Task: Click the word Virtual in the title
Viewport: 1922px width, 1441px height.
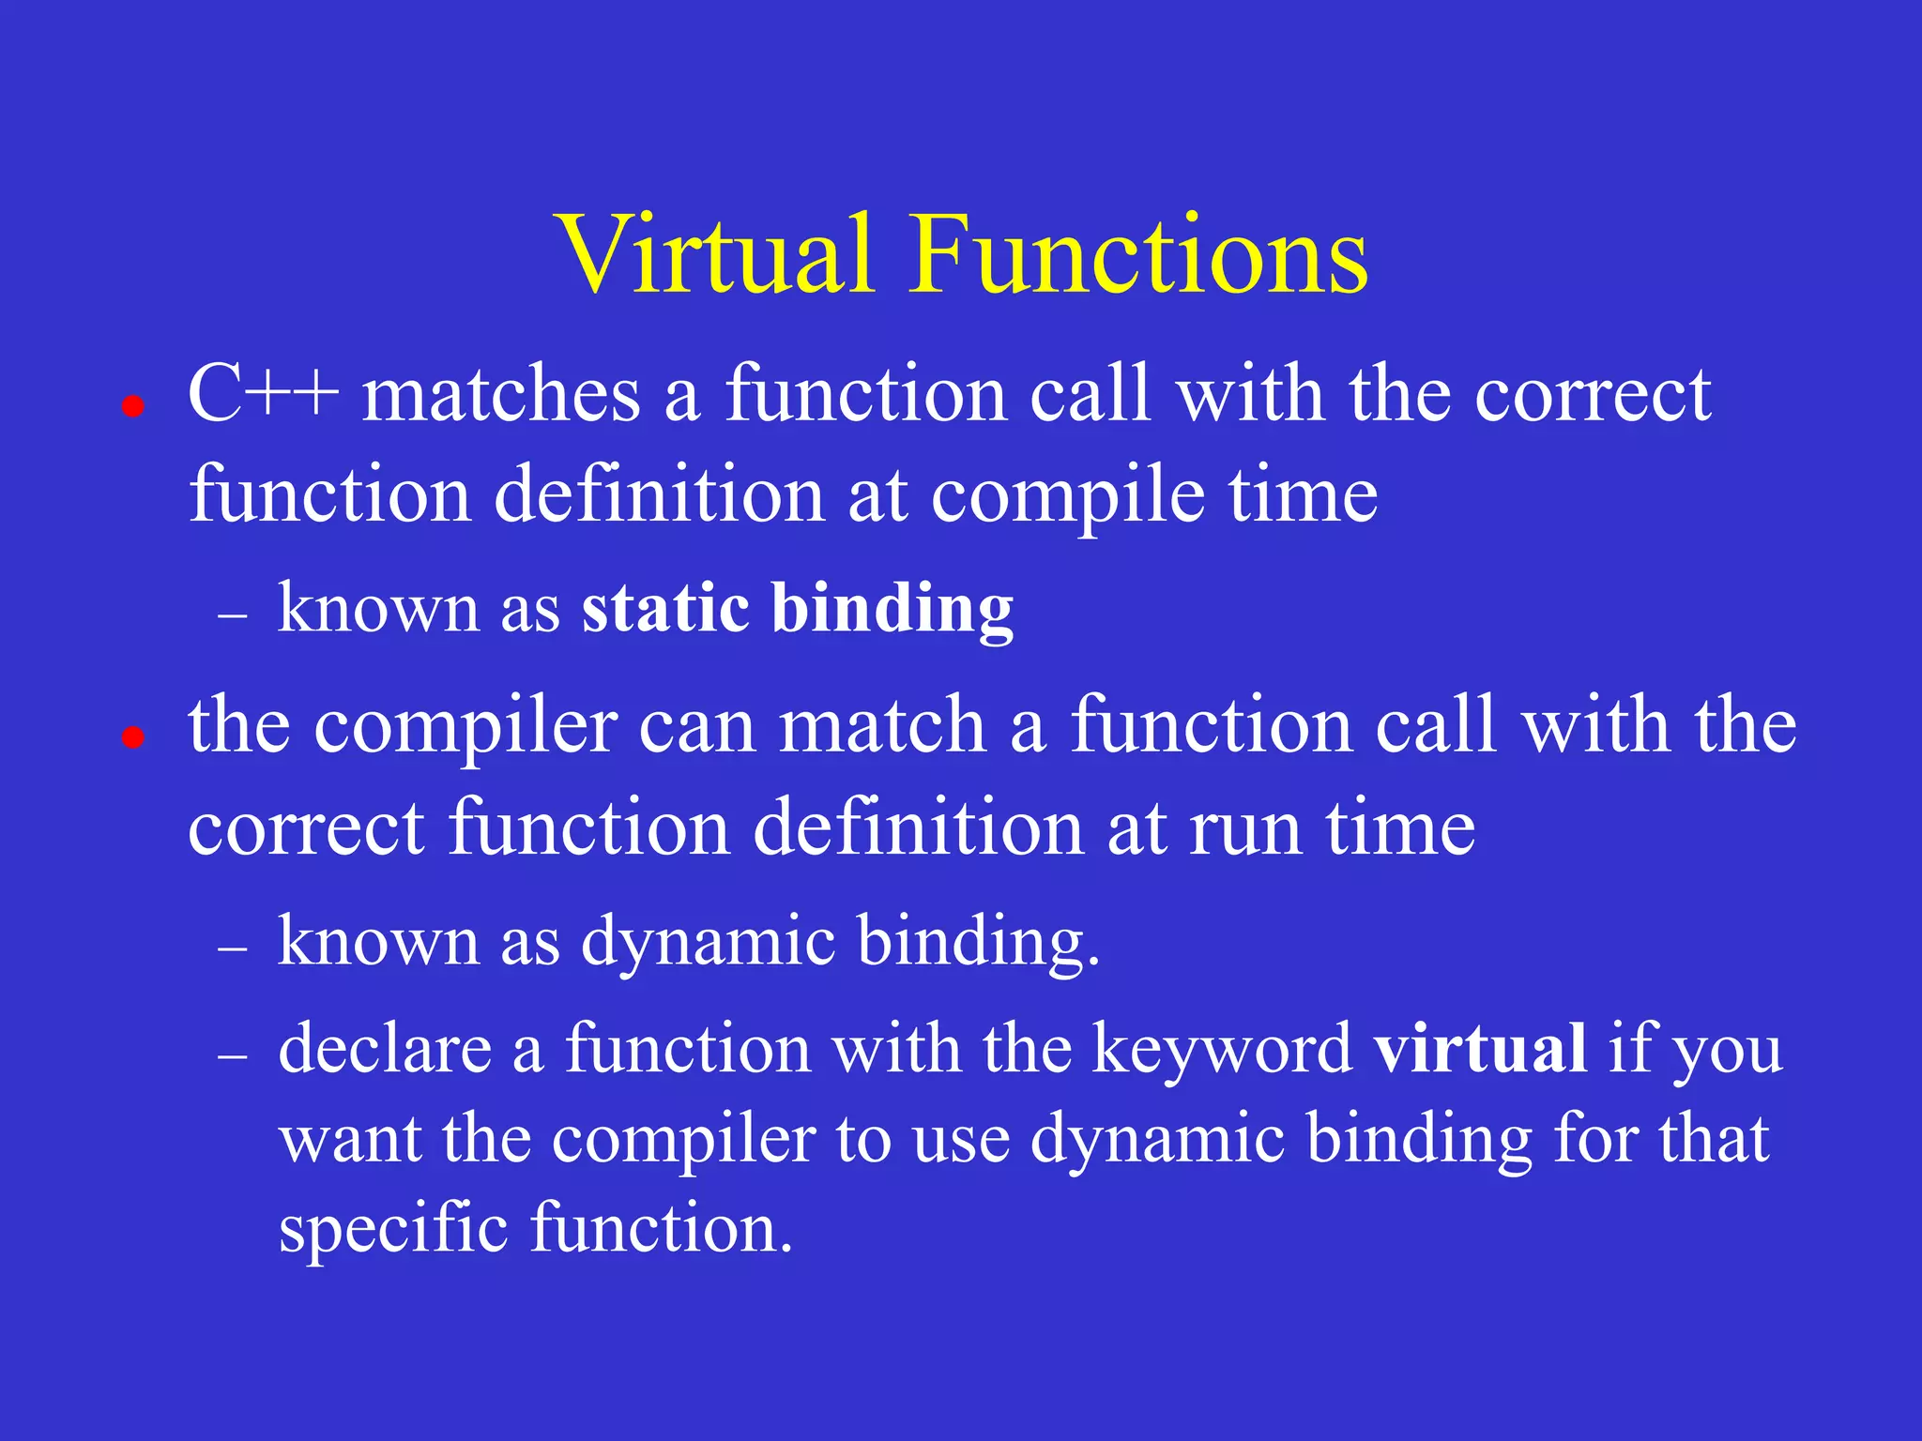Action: pyautogui.click(x=717, y=254)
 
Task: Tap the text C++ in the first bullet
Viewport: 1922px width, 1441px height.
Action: pyautogui.click(x=263, y=394)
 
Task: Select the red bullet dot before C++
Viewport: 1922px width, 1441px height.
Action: pyautogui.click(x=133, y=406)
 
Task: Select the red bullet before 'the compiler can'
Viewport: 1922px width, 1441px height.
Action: pyautogui.click(x=133, y=737)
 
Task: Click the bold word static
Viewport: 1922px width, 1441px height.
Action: pyautogui.click(x=664, y=608)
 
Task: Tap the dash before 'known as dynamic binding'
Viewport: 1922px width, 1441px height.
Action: pyautogui.click(x=232, y=949)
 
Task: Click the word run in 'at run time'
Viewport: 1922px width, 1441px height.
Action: pyautogui.click(x=1246, y=830)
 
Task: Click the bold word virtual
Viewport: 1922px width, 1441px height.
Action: pyautogui.click(x=1480, y=1048)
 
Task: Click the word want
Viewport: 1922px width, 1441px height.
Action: pyautogui.click(x=350, y=1140)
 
